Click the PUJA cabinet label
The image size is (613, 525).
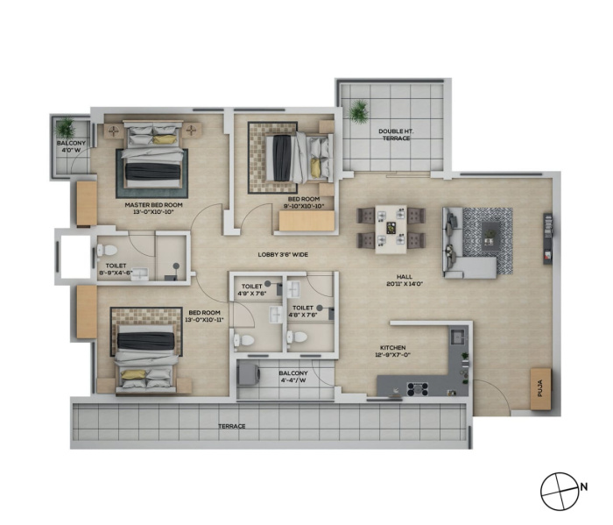(x=540, y=390)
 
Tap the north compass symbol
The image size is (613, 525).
(x=560, y=491)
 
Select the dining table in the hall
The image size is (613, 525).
(x=391, y=230)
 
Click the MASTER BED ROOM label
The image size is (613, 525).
(x=153, y=205)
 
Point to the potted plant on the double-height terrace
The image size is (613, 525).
(x=358, y=111)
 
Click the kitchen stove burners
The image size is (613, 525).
(x=419, y=389)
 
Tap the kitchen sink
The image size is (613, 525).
(x=458, y=337)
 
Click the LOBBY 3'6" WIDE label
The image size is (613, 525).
(x=283, y=255)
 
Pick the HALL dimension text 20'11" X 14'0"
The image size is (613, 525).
(x=405, y=284)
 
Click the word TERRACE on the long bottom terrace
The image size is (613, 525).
(x=232, y=426)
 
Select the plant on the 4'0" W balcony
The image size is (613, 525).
(x=65, y=127)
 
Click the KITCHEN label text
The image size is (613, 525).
(x=393, y=347)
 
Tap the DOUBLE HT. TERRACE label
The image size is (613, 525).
(x=396, y=135)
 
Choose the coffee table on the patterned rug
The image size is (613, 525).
(x=491, y=235)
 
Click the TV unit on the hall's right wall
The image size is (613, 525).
(x=547, y=238)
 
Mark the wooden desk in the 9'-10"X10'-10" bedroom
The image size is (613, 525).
(x=306, y=221)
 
